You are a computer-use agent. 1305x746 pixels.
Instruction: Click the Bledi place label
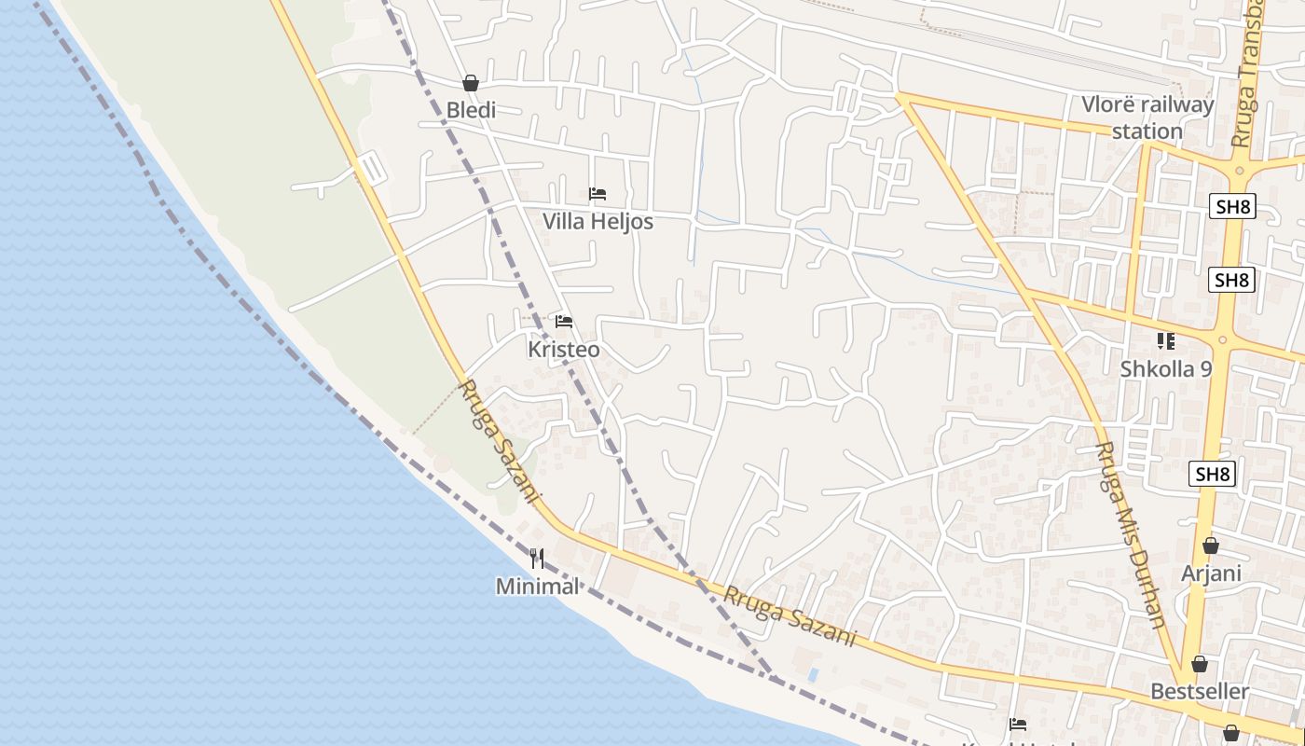[x=471, y=110]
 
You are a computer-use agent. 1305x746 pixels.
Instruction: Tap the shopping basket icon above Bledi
[x=471, y=83]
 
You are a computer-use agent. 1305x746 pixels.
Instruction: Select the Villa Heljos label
[x=598, y=222]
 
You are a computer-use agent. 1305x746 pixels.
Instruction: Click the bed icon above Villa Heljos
[x=598, y=194]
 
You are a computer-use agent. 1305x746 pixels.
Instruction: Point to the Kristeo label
[x=564, y=350]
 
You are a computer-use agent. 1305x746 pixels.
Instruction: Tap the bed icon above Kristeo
[x=564, y=322]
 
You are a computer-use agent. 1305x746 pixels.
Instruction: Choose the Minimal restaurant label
[x=537, y=587]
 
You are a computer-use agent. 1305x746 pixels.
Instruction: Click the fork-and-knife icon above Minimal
[x=537, y=559]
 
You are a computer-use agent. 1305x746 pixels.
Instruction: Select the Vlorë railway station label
[x=1147, y=117]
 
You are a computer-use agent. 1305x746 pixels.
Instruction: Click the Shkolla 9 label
[x=1166, y=369]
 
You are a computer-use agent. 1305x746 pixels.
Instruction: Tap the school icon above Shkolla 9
[x=1166, y=341]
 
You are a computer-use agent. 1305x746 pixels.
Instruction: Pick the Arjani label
[x=1211, y=573]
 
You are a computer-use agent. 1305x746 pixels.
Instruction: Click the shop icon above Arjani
[x=1211, y=546]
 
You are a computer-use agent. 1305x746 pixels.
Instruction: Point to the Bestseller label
[x=1200, y=692]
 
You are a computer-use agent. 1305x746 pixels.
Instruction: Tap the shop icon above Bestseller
[x=1200, y=664]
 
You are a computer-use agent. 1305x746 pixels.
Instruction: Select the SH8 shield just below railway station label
[x=1232, y=207]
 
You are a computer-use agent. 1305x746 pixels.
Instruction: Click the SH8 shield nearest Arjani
[x=1213, y=475]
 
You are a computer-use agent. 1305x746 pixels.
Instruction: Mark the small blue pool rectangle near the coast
[x=813, y=673]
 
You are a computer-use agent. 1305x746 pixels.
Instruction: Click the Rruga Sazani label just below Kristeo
[x=499, y=440]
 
